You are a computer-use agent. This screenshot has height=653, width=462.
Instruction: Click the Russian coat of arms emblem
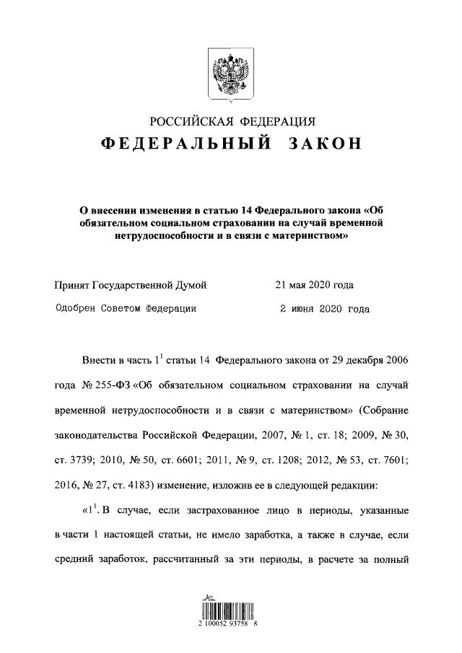(231, 73)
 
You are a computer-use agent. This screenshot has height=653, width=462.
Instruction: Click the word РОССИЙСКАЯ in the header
(186, 120)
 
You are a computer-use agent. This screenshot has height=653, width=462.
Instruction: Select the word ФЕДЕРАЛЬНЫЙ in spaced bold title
(186, 144)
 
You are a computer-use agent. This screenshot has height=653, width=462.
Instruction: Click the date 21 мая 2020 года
(314, 285)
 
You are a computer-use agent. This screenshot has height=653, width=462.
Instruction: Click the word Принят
(73, 285)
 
